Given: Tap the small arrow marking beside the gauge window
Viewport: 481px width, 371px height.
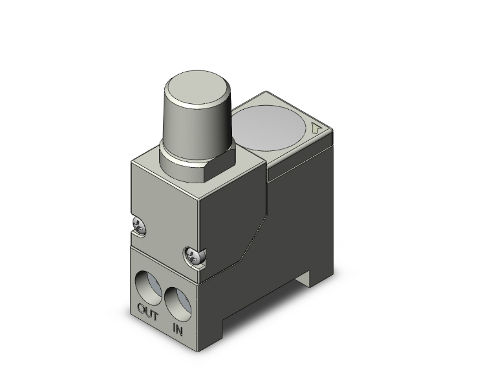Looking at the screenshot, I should (317, 129).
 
